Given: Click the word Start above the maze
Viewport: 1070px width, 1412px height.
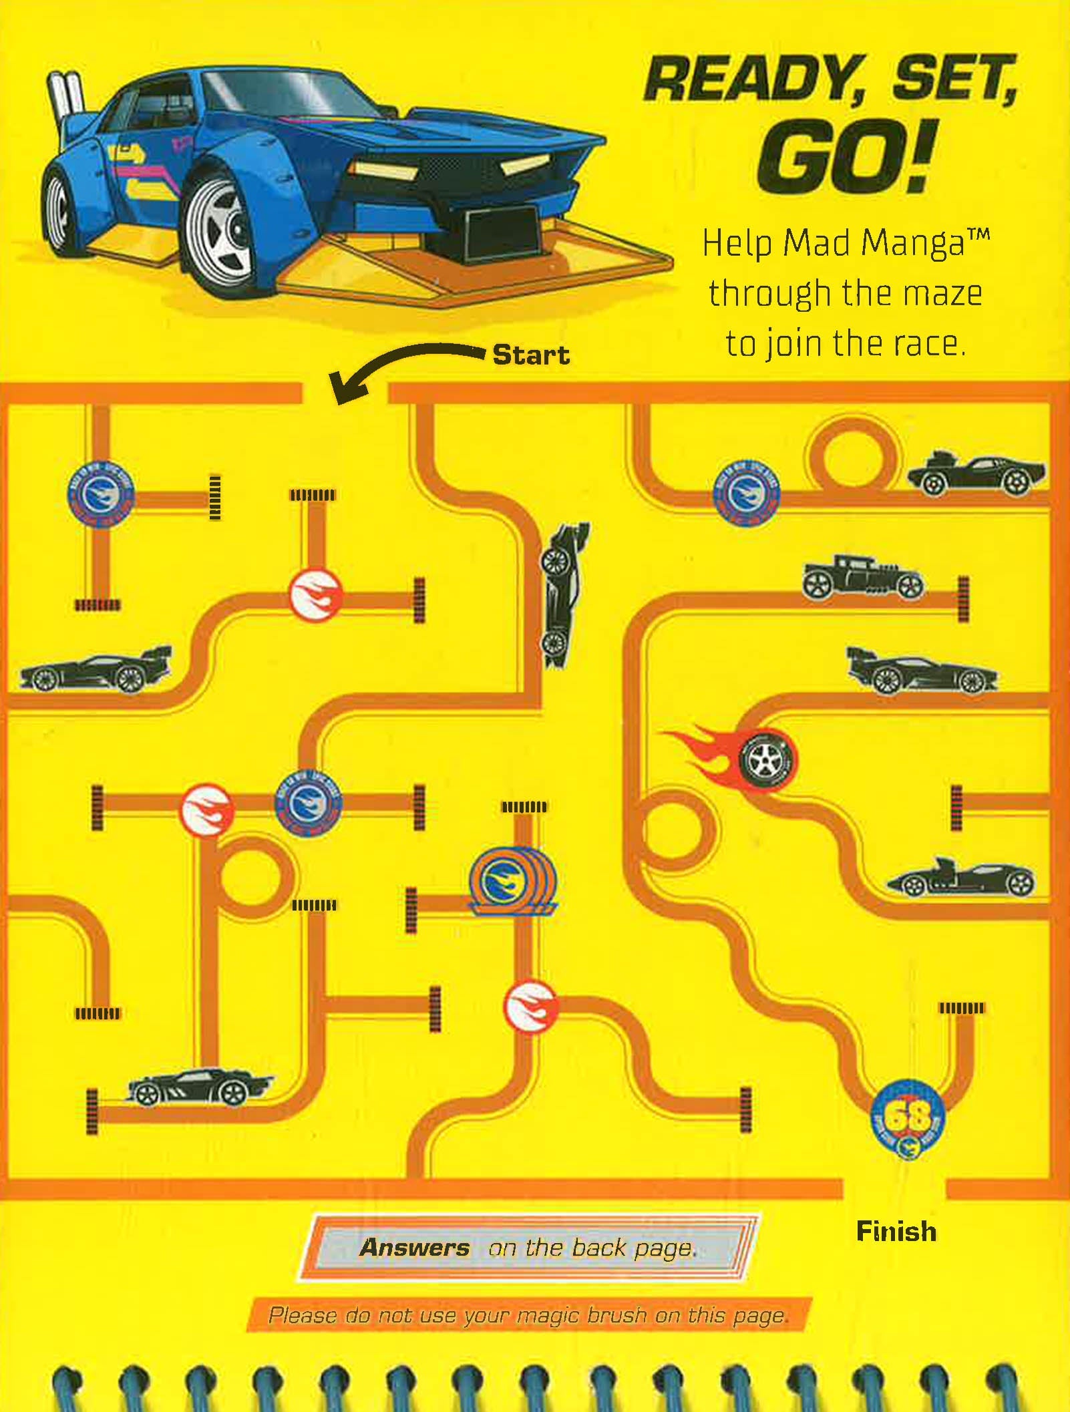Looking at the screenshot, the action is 531,355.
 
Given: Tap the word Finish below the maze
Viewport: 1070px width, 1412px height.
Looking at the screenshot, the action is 896,1231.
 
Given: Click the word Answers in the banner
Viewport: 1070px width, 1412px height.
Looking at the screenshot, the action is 415,1248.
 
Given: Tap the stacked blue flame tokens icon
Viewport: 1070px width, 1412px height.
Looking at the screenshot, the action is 512,882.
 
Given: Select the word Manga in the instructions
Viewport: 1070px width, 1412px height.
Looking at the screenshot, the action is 913,244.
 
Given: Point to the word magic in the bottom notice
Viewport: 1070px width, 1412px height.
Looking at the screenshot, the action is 547,1316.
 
